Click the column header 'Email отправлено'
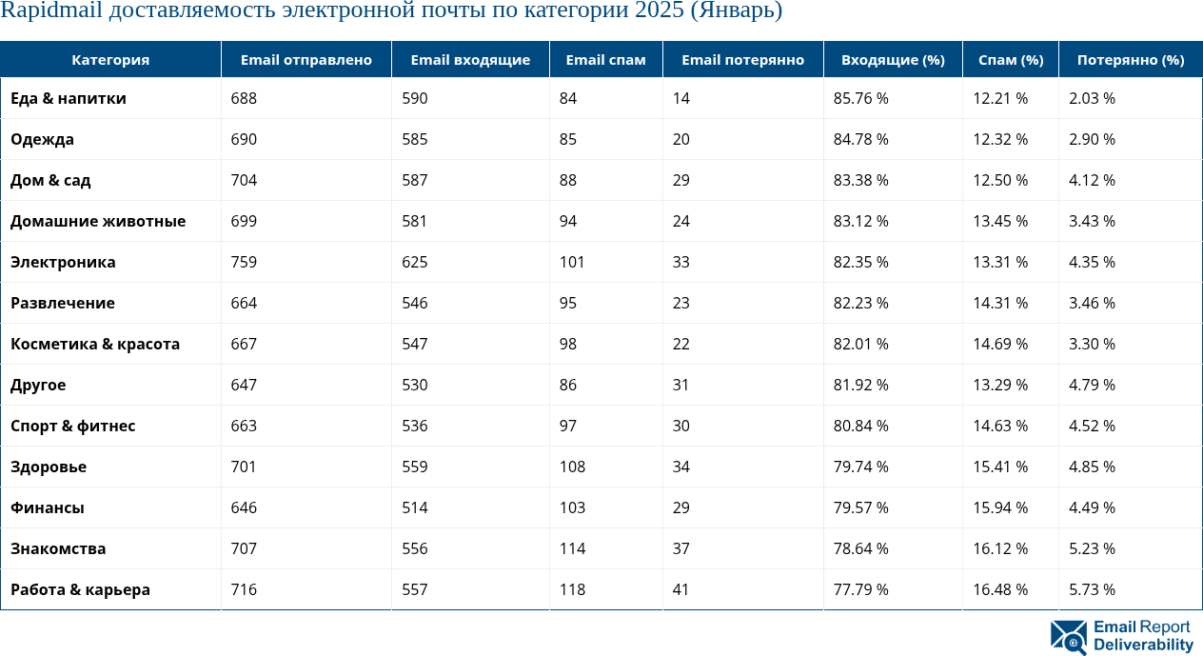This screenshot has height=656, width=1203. tap(306, 60)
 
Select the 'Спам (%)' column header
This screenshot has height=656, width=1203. tap(1011, 60)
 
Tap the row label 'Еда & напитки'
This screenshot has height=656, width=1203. tap(69, 98)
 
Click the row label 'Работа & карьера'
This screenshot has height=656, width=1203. tap(80, 589)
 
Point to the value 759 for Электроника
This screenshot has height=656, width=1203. tap(244, 262)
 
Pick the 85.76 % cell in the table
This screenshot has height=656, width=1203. tap(860, 98)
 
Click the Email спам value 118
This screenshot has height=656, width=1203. tap(572, 589)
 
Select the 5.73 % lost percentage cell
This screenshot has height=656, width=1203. tap(1092, 589)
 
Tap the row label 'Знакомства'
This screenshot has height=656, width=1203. tap(58, 548)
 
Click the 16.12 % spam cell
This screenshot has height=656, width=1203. tap(1000, 548)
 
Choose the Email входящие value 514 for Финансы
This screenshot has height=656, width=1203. tap(414, 507)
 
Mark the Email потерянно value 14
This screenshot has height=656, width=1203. tap(680, 98)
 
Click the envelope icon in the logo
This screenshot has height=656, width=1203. tap(1068, 637)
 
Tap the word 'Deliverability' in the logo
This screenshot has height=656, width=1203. tap(1143, 646)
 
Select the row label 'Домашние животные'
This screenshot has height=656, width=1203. tap(98, 221)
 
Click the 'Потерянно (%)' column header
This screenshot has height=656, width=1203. tap(1131, 60)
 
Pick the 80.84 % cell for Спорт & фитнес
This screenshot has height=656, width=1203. tap(860, 426)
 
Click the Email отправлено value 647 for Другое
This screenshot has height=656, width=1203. tap(244, 385)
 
